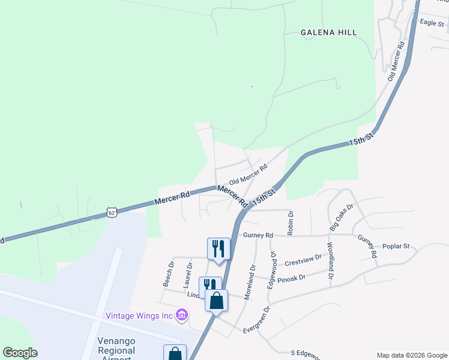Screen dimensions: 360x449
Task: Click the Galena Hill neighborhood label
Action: [x=328, y=32]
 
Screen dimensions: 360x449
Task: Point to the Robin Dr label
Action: [x=291, y=221]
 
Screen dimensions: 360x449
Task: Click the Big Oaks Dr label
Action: [x=342, y=217]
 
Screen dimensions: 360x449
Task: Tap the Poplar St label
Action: [x=396, y=246]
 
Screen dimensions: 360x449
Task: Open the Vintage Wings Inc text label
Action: [x=139, y=316]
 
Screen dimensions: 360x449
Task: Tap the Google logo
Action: [x=20, y=353]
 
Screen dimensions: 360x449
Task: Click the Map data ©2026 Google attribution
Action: [x=411, y=355]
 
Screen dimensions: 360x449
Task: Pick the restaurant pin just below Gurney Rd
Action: [x=218, y=249]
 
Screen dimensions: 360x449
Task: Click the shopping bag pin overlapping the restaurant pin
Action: [x=217, y=300]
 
